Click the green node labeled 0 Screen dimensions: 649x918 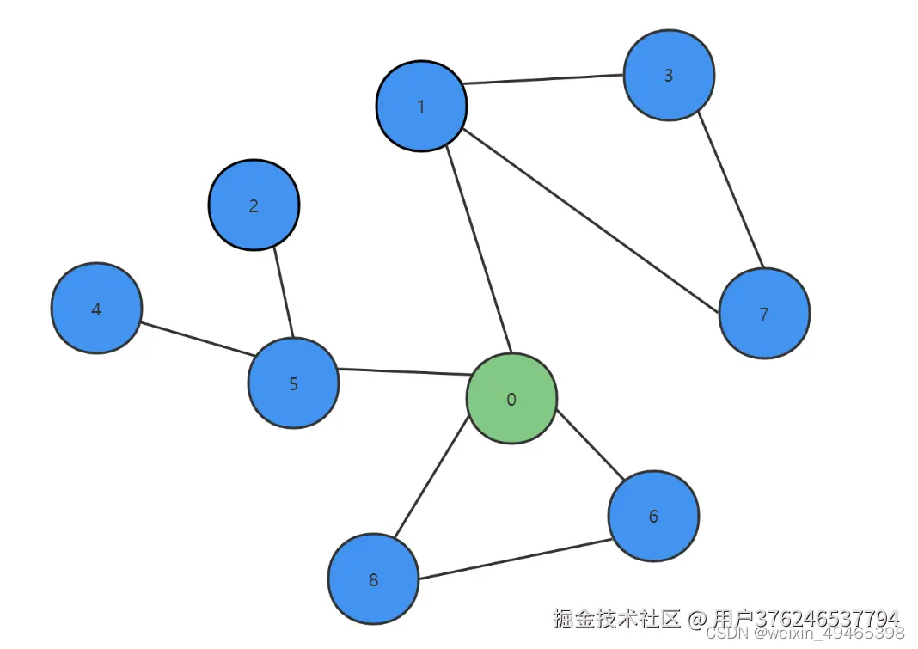pos(511,399)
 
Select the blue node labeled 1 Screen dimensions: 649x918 pos(421,106)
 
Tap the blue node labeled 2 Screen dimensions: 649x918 pos(254,205)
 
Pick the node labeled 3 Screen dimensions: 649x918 pos(669,75)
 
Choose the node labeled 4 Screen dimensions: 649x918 pos(96,309)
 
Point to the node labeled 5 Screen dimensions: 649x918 pos(293,383)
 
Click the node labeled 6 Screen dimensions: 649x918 pos(653,516)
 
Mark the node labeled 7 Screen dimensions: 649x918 pos(764,314)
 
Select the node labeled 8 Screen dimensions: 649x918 pos(373,579)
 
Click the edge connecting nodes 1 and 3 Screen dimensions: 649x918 pos(544,80)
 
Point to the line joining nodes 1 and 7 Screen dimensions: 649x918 pos(591,220)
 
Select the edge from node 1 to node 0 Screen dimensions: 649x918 pos(479,250)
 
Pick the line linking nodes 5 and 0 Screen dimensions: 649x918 pos(402,372)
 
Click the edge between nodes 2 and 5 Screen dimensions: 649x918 pos(284,291)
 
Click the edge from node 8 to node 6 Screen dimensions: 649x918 pos(514,559)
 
